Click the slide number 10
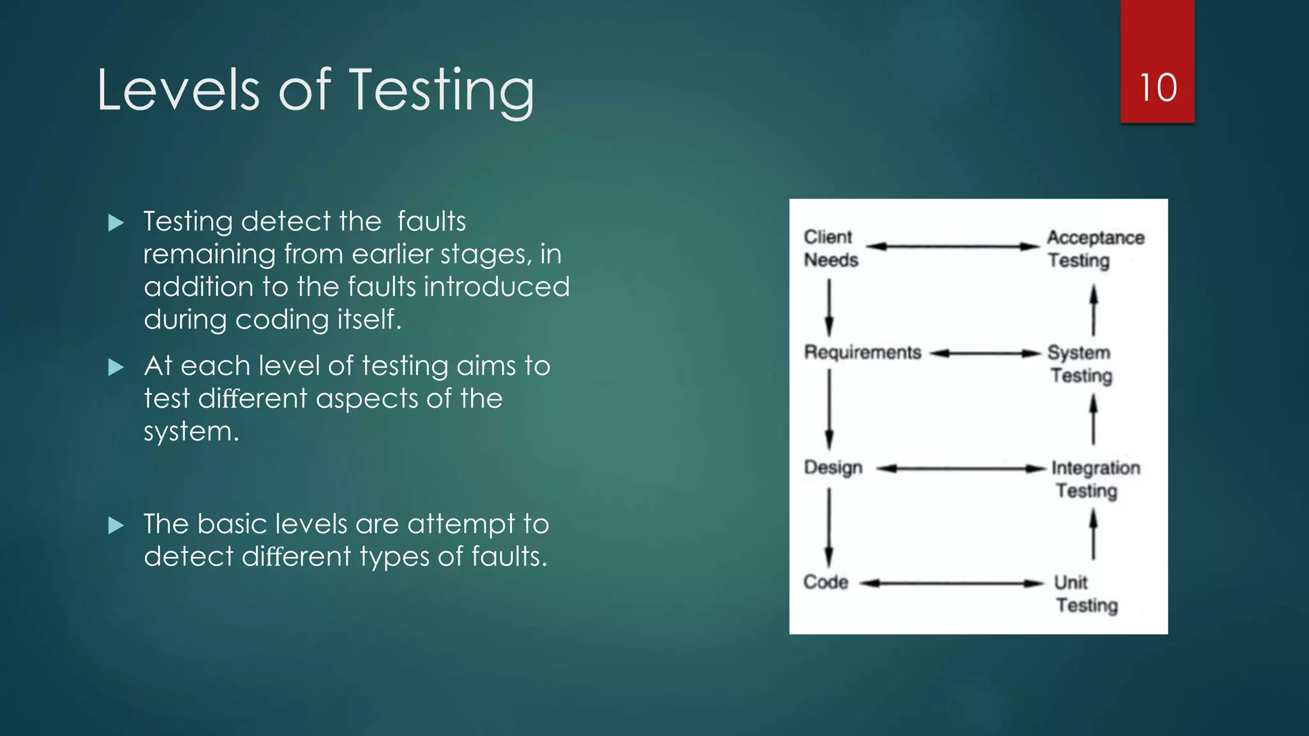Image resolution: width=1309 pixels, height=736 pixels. pyautogui.click(x=1158, y=88)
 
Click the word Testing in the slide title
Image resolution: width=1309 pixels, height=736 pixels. pyautogui.click(x=442, y=91)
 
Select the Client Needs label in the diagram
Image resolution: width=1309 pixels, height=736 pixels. pyautogui.click(x=830, y=249)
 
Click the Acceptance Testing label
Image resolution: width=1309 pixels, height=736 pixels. pyautogui.click(x=1095, y=249)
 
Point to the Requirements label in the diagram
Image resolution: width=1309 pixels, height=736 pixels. pyautogui.click(x=862, y=353)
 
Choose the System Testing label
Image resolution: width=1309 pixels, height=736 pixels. pyautogui.click(x=1080, y=364)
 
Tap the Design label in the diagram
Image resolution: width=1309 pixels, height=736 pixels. pyautogui.click(x=833, y=468)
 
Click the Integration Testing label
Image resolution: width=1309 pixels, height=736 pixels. pyautogui.click(x=1095, y=479)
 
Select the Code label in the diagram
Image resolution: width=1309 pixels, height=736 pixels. pyautogui.click(x=826, y=582)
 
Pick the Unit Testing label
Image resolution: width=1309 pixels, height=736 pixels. pyautogui.click(x=1085, y=594)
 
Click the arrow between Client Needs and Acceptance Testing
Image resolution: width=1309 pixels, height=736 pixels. pyautogui.click(x=952, y=246)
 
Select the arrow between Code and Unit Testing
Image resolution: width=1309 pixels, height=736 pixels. pyautogui.click(x=952, y=583)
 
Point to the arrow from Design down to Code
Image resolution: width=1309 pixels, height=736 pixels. pyautogui.click(x=829, y=527)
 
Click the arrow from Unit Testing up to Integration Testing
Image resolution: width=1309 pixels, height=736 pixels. pyautogui.click(x=1094, y=534)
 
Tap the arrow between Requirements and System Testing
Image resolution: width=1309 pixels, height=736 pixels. pyautogui.click(x=985, y=353)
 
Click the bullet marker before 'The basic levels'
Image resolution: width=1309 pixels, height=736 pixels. pyautogui.click(x=116, y=526)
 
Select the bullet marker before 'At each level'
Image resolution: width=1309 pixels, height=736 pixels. pyautogui.click(x=116, y=367)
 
